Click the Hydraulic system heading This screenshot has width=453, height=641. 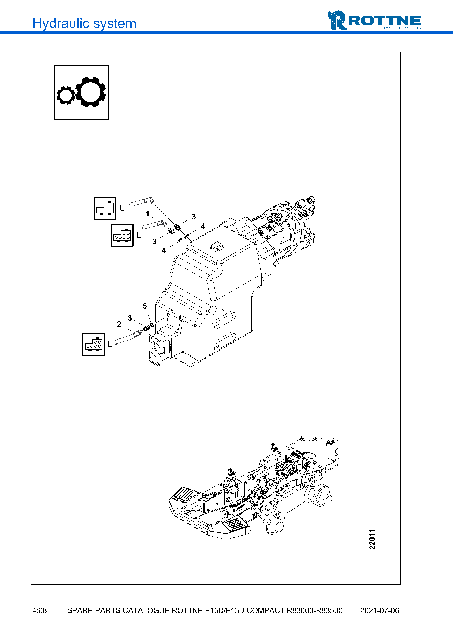tap(84, 23)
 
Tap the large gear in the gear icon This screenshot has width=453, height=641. tap(90, 92)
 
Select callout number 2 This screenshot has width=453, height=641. tap(119, 324)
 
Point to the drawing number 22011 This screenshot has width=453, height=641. tap(372, 539)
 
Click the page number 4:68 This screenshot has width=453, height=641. tap(39, 610)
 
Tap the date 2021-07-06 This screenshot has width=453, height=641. tap(380, 610)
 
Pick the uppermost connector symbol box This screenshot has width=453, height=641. tap(105, 208)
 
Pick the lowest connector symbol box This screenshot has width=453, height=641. tap(94, 345)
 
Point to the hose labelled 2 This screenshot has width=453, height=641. tap(126, 338)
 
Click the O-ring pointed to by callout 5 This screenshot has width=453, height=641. tap(152, 325)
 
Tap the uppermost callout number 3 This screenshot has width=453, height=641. tap(194, 217)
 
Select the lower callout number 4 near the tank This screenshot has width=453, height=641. tap(163, 251)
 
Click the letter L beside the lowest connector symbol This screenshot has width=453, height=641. tap(109, 345)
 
